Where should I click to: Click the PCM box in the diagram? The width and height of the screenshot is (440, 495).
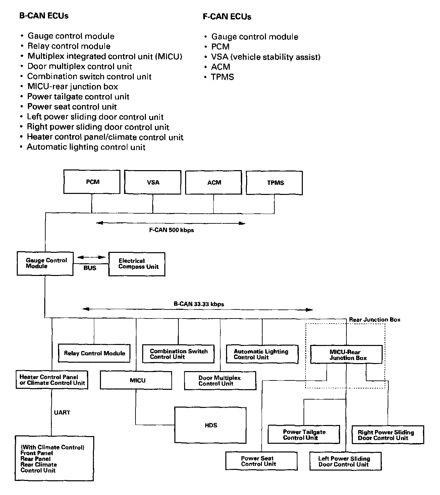click(x=92, y=182)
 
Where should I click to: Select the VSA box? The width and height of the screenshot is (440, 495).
click(x=153, y=182)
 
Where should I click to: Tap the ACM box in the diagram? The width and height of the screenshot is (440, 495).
click(x=214, y=182)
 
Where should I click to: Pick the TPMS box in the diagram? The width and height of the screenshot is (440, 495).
click(x=274, y=183)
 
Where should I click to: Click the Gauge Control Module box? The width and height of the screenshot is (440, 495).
click(x=45, y=264)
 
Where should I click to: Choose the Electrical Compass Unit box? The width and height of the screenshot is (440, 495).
click(x=137, y=264)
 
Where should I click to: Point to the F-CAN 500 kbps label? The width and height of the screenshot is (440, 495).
click(x=171, y=230)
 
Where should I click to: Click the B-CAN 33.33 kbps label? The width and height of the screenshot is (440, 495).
click(x=199, y=304)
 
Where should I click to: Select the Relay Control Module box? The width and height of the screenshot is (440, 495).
click(x=94, y=353)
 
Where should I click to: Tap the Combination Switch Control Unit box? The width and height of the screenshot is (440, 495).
click(x=178, y=354)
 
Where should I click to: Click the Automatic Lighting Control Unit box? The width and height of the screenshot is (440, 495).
click(x=262, y=354)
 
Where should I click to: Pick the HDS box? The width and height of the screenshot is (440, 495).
click(x=210, y=425)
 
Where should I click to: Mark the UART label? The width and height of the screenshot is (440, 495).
click(x=62, y=412)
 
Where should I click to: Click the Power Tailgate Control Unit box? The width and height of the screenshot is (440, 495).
click(x=304, y=435)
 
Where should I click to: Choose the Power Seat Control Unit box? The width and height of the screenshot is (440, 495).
click(x=262, y=461)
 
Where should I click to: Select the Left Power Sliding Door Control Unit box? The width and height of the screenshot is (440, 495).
click(x=345, y=462)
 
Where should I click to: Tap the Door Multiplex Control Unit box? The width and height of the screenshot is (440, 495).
click(x=220, y=380)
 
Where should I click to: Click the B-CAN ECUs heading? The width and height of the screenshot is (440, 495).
click(x=44, y=16)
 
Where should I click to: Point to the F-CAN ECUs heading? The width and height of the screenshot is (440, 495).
click(x=227, y=17)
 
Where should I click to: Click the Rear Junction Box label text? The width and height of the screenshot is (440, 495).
click(x=375, y=320)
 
